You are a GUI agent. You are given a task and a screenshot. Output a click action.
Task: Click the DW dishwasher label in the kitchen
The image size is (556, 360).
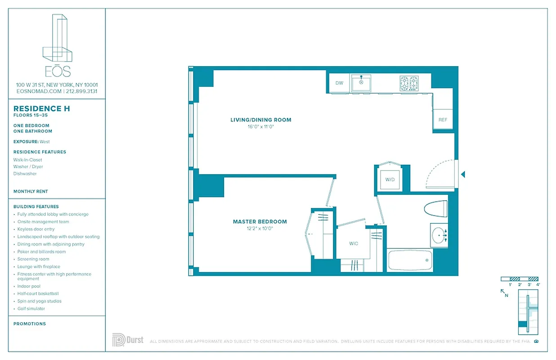click(x=339, y=83)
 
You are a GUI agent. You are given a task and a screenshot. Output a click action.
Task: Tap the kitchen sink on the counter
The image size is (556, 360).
click(x=361, y=83)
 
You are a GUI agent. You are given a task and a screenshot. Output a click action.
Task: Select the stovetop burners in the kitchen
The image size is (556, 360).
click(x=409, y=83)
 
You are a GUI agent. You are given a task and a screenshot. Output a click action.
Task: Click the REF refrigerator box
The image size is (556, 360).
click(x=443, y=120)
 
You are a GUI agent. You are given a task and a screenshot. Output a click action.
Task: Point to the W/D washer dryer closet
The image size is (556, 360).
click(x=390, y=180)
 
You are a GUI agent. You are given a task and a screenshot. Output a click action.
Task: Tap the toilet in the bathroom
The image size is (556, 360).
click(x=435, y=208)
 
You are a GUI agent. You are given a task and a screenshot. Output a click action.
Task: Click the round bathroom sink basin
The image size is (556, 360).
click(x=437, y=235)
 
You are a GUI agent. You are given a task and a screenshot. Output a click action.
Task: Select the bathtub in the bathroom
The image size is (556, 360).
click(x=409, y=261)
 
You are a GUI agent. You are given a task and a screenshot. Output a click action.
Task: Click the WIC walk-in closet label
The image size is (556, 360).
click(x=354, y=243)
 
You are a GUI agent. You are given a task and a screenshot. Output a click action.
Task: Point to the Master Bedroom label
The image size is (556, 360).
click(x=260, y=221)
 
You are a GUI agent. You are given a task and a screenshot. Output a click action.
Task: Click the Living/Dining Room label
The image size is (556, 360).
click(x=260, y=120)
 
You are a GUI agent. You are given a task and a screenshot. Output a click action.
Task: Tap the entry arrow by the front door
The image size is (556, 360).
click(x=463, y=174)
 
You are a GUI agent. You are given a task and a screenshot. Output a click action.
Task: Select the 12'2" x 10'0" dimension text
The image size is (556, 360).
click(x=259, y=228)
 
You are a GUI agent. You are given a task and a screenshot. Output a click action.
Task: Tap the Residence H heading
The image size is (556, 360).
click(x=41, y=108)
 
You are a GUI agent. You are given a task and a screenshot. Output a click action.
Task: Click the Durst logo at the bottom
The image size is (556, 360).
click(x=128, y=340)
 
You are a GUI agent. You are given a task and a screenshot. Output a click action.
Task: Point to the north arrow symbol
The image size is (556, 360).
click(x=504, y=292)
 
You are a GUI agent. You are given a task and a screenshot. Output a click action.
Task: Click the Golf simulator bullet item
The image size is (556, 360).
click(x=31, y=309)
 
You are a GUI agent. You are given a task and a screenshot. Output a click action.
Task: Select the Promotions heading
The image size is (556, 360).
click(x=30, y=324)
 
